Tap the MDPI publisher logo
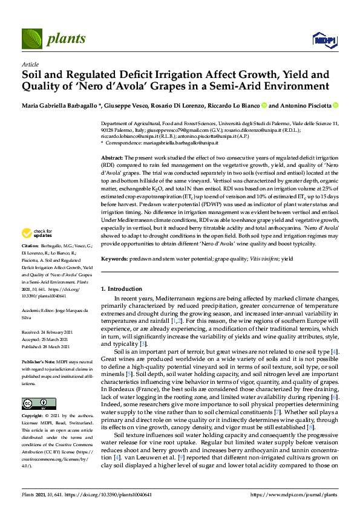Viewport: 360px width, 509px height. (324, 40)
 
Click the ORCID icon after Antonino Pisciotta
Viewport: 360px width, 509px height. (335, 105)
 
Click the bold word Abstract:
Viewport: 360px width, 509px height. (113, 157)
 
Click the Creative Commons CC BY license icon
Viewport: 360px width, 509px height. (34, 386)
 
